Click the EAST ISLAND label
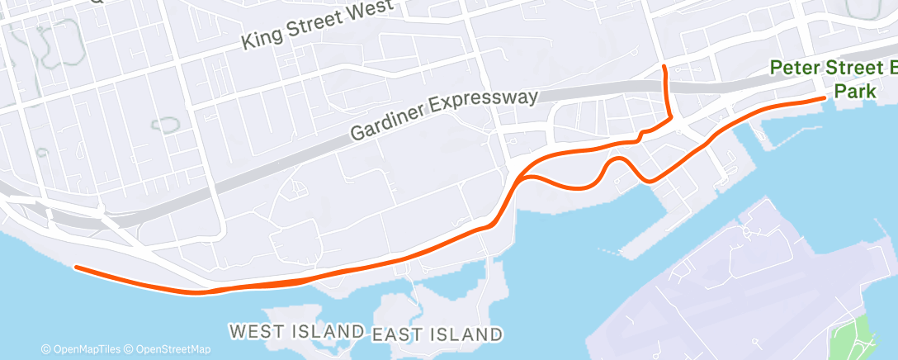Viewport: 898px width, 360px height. [437, 334]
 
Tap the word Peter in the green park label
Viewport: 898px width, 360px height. [794, 69]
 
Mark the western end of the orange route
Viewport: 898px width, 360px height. [76, 267]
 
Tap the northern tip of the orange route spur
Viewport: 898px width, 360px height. [665, 64]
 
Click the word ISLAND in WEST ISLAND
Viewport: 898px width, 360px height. [330, 331]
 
